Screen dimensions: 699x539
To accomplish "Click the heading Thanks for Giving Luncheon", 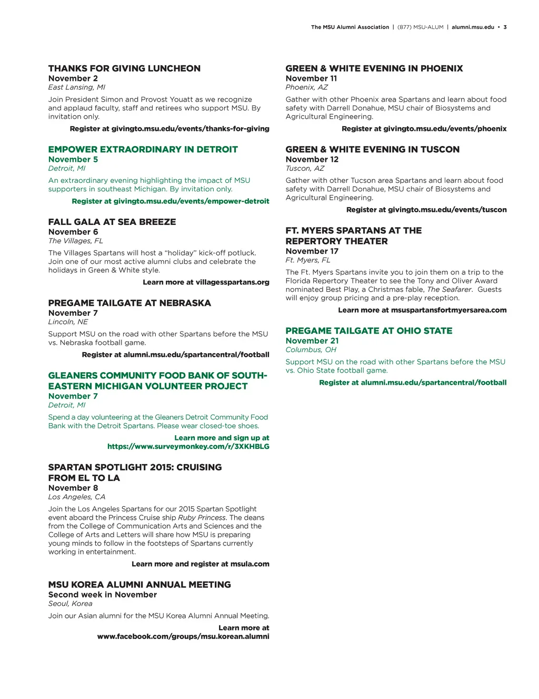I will point(124,68).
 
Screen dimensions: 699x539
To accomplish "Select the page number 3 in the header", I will point(505,27).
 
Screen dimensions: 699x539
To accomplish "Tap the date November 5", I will point(73,159).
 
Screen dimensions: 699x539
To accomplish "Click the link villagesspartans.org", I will point(232,282).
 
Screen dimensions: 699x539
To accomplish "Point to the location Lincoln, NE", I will point(68,322).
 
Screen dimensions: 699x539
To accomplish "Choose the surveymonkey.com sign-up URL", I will point(188,446).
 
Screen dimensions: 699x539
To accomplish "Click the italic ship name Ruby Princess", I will point(202,518).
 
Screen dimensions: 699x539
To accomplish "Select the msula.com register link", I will point(249,564).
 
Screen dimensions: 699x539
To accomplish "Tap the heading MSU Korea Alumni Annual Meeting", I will point(139,584).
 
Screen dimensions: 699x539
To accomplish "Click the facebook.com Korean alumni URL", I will point(183,636).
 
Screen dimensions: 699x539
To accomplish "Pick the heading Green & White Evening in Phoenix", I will point(374,68).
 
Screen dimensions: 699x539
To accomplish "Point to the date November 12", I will point(312,159).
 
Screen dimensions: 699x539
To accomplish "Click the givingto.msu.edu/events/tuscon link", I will point(447,210).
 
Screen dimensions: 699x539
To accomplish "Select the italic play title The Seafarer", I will point(450,290).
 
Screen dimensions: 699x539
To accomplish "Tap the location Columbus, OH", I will point(311,349).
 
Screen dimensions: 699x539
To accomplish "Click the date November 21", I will point(312,341).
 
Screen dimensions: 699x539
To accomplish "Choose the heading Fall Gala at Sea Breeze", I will point(112,222).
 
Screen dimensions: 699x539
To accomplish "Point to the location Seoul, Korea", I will point(70,603).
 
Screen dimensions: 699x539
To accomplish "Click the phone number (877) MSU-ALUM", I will point(420,27).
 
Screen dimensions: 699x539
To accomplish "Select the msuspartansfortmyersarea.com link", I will point(448,310).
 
